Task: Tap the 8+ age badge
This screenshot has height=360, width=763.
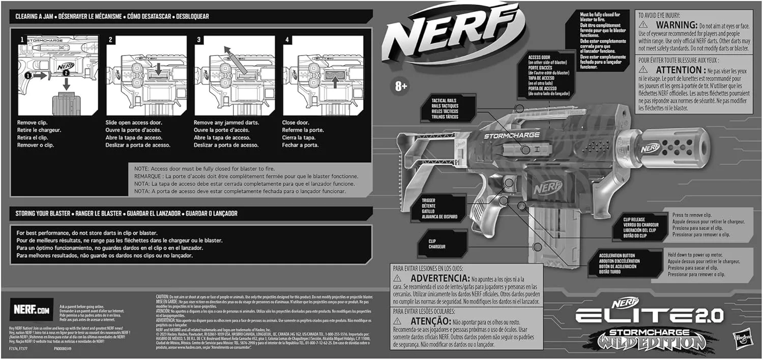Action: tap(400, 86)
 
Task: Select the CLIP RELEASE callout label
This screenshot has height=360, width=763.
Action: tap(640, 227)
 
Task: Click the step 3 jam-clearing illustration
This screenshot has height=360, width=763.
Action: tap(235, 75)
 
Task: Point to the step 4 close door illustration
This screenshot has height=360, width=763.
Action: tap(323, 75)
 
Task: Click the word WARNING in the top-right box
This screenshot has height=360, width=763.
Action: tap(676, 24)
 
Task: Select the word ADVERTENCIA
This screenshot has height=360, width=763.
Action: tap(439, 279)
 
